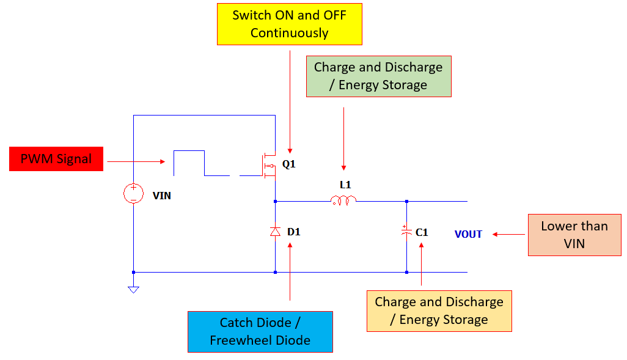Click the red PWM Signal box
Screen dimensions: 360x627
pyautogui.click(x=56, y=159)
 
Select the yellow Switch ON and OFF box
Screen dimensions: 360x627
pyautogui.click(x=290, y=24)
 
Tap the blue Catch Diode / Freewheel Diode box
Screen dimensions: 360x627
pyautogui.click(x=260, y=331)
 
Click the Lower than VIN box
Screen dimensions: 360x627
pyautogui.click(x=574, y=235)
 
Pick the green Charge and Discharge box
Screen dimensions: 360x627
pyautogui.click(x=378, y=76)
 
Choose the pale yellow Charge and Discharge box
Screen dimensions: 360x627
pyautogui.click(x=439, y=310)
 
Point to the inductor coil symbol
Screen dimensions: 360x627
pyautogui.click(x=343, y=200)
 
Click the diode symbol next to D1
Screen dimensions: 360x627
pyautogui.click(x=275, y=232)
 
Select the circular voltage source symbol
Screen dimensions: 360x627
pyautogui.click(x=133, y=194)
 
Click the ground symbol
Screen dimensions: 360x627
pyautogui.click(x=133, y=289)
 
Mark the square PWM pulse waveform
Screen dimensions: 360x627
pyautogui.click(x=189, y=163)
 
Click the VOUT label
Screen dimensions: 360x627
pyautogui.click(x=468, y=234)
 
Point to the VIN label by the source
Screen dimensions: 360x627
pyautogui.click(x=161, y=196)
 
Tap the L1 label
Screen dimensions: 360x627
pyautogui.click(x=345, y=185)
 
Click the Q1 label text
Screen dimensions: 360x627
pyautogui.click(x=289, y=164)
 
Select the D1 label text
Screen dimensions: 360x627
pyautogui.click(x=294, y=232)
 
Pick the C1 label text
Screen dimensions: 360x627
pyautogui.click(x=422, y=232)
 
